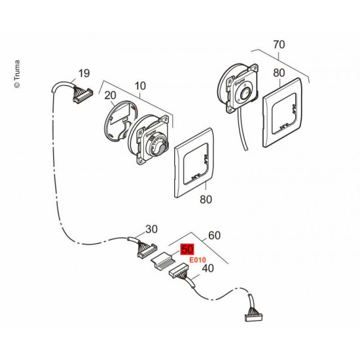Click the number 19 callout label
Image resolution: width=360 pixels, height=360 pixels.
pyautogui.click(x=83, y=73)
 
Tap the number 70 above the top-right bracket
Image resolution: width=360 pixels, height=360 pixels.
pyautogui.click(x=279, y=45)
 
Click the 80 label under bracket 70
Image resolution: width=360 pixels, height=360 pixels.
pyautogui.click(x=279, y=73)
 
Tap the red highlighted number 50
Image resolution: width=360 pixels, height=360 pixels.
pyautogui.click(x=187, y=249)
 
